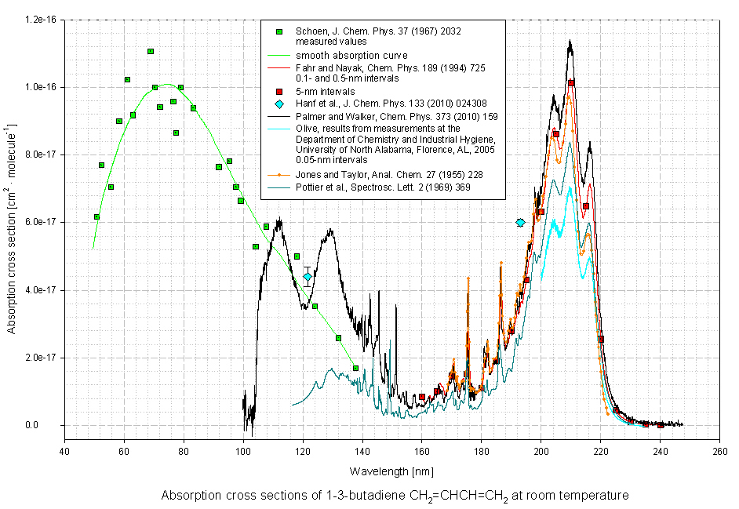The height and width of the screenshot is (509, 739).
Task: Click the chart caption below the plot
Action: tap(395, 496)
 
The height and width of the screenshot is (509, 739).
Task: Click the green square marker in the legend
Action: tap(279, 31)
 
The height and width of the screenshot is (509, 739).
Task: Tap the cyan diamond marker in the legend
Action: tap(279, 104)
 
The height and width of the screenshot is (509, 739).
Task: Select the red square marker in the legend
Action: tap(279, 92)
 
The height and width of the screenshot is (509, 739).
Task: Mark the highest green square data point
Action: tap(151, 52)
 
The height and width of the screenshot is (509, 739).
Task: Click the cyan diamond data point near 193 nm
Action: tap(520, 223)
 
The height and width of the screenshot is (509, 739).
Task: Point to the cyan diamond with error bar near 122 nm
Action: tap(308, 277)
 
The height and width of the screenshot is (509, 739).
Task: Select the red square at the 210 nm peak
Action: tap(571, 83)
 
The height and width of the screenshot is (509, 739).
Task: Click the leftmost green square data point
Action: tap(96, 217)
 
